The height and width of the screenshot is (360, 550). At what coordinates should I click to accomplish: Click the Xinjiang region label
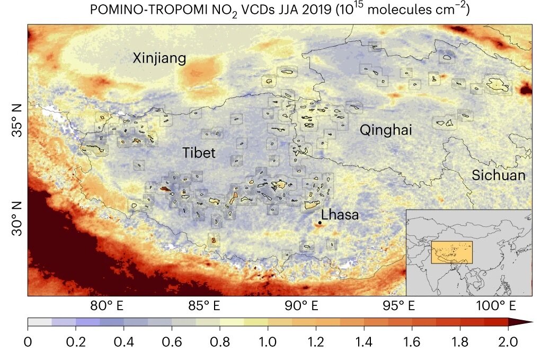pos(159,58)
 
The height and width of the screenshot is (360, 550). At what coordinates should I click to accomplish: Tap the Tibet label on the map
pos(199,153)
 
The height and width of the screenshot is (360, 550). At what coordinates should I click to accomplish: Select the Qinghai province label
pos(386,130)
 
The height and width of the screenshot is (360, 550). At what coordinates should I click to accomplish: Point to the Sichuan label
pos(499,175)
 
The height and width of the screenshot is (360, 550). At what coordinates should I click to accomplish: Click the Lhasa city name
pos(340,215)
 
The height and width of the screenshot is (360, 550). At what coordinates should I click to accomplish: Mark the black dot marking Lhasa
pos(320,223)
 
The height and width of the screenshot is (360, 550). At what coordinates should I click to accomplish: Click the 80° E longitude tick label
pos(108,306)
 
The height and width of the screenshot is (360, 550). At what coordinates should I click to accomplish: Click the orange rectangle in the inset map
pos(451,252)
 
